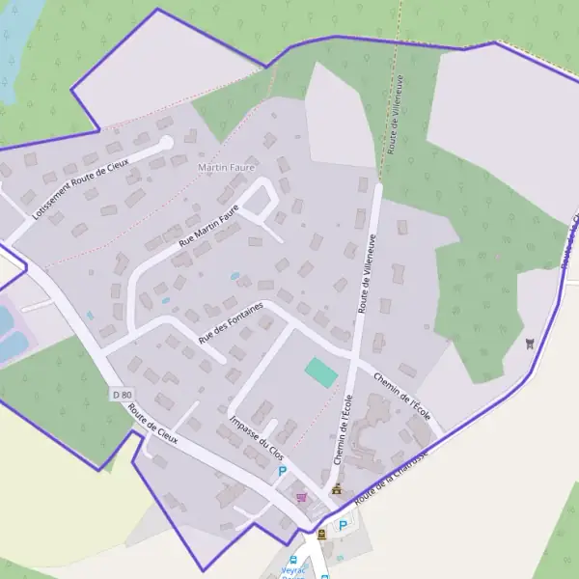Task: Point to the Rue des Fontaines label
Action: [x=231, y=320]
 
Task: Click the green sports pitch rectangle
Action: [x=321, y=372]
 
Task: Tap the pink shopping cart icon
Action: [x=302, y=497]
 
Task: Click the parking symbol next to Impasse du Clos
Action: [x=282, y=471]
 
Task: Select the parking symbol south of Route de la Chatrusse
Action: [x=342, y=526]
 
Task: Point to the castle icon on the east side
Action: [x=530, y=343]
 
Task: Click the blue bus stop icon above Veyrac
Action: [x=294, y=559]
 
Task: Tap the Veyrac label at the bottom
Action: [x=293, y=571]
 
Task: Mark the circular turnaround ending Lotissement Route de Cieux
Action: [x=165, y=143]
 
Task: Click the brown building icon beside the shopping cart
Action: [x=335, y=490]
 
